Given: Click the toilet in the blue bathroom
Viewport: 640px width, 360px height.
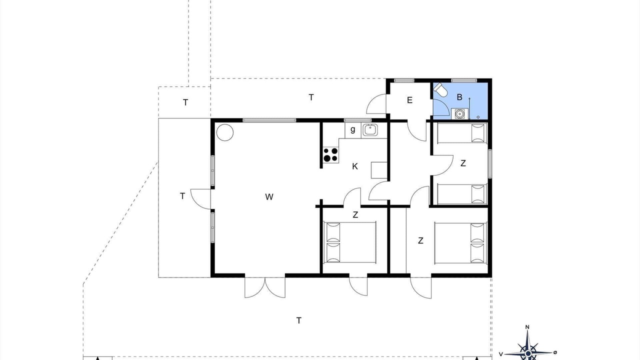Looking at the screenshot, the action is click(440, 90).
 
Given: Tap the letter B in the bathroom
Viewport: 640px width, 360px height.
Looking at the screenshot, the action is click(459, 97).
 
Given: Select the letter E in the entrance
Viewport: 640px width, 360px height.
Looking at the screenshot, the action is click(409, 100).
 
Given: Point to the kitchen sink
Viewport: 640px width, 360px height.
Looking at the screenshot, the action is click(370, 130).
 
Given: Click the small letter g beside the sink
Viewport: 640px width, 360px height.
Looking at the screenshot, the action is click(353, 129).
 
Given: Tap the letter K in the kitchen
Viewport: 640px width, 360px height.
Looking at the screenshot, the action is click(355, 166).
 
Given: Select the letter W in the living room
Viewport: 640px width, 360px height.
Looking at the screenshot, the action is click(269, 196).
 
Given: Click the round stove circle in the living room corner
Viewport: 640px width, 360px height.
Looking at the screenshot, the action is click(225, 132).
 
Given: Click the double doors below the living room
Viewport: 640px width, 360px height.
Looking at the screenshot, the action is click(265, 286).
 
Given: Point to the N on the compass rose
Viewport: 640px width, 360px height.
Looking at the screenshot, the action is click(527, 327).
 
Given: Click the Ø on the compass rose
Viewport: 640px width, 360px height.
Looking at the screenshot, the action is click(555, 352).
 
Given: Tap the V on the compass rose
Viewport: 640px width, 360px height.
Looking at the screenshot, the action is click(501, 354).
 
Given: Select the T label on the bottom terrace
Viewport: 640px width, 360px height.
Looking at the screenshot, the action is click(299, 320).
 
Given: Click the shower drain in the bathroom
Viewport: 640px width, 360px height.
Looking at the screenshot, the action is click(478, 117).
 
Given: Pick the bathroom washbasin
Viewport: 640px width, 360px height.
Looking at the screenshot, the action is click(459, 113).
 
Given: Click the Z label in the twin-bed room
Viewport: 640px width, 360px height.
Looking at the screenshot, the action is click(463, 163).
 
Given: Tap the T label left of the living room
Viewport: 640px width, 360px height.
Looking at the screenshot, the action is click(182, 196).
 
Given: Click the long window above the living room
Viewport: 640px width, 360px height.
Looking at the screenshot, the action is click(269, 120).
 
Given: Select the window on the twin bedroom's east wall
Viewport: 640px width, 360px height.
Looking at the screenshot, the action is click(489, 163).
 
